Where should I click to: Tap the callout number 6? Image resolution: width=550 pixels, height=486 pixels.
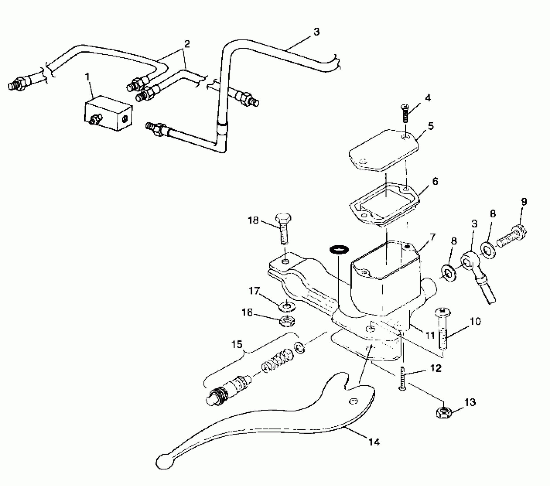click(x=435, y=181)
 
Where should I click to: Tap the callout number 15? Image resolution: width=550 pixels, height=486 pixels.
click(x=237, y=344)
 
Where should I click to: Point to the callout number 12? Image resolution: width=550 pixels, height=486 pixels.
click(x=436, y=368)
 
